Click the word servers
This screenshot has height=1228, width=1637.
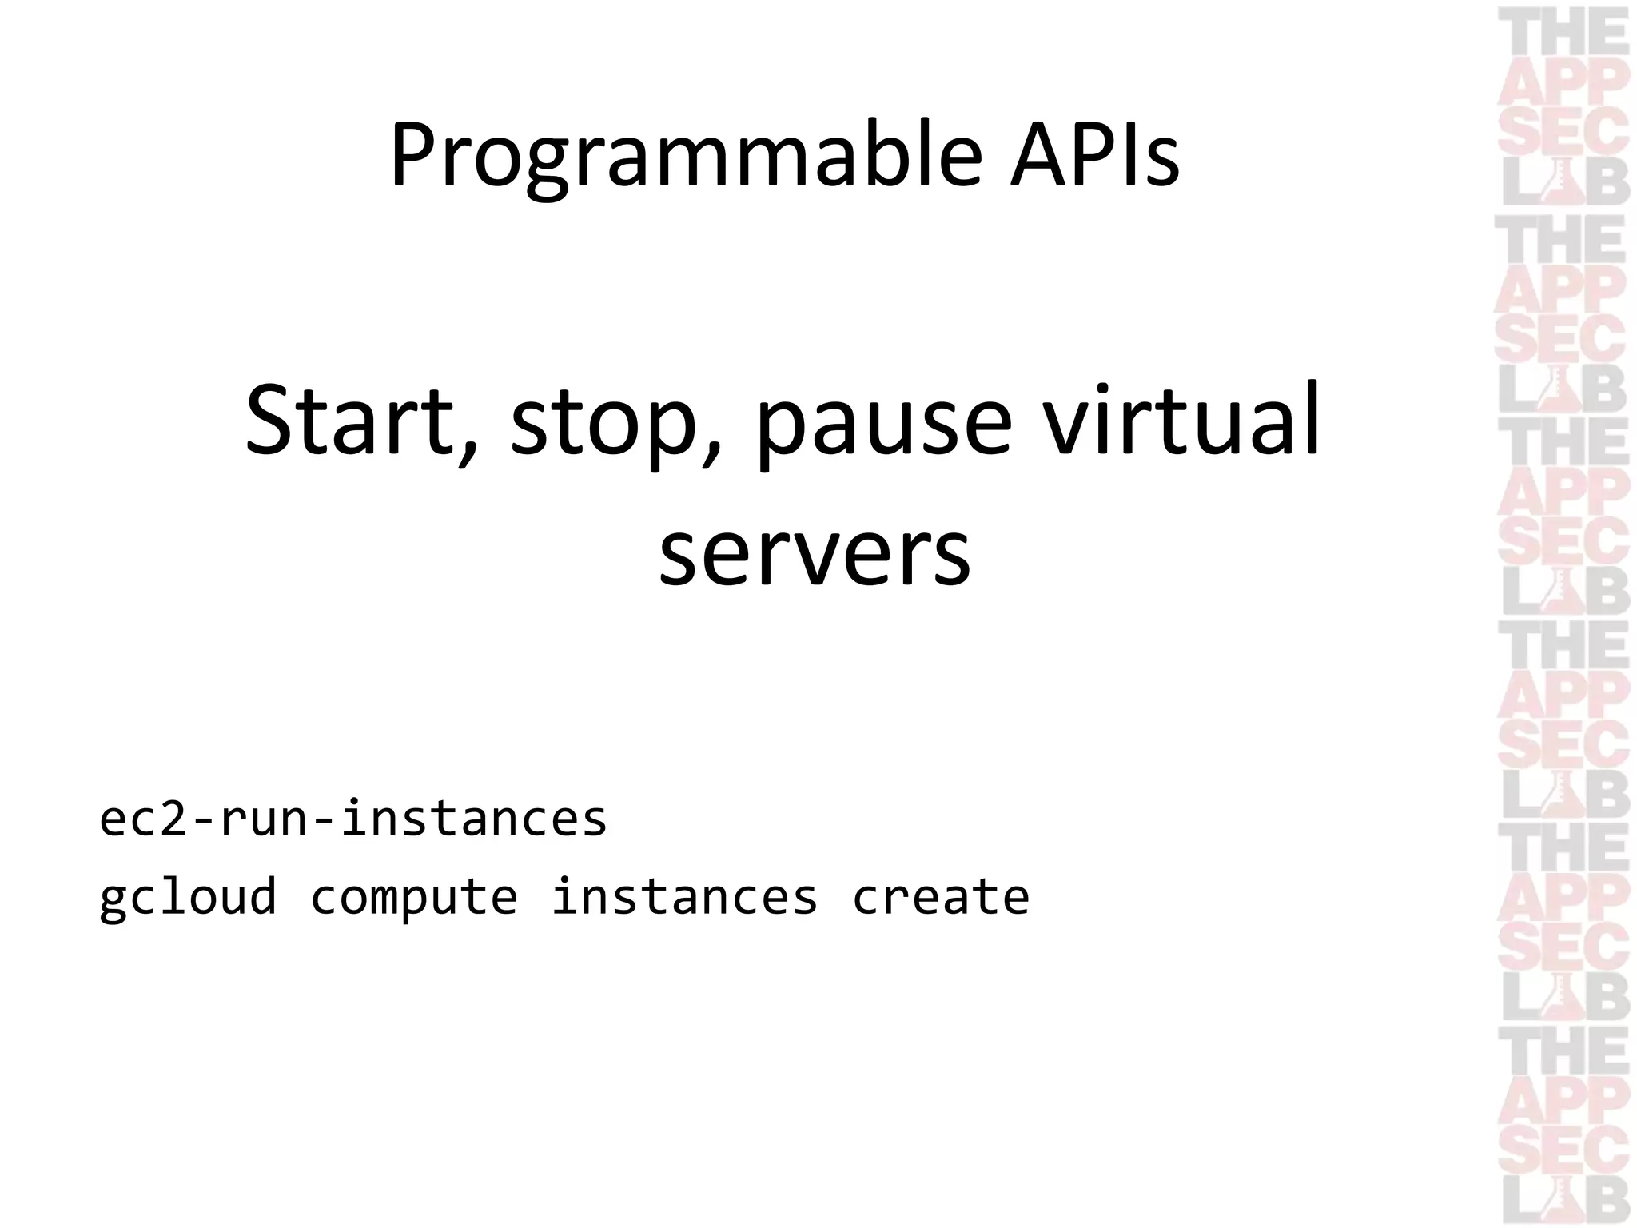[815, 552]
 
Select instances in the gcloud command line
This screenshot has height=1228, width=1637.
[684, 895]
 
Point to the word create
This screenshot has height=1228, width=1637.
[941, 897]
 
